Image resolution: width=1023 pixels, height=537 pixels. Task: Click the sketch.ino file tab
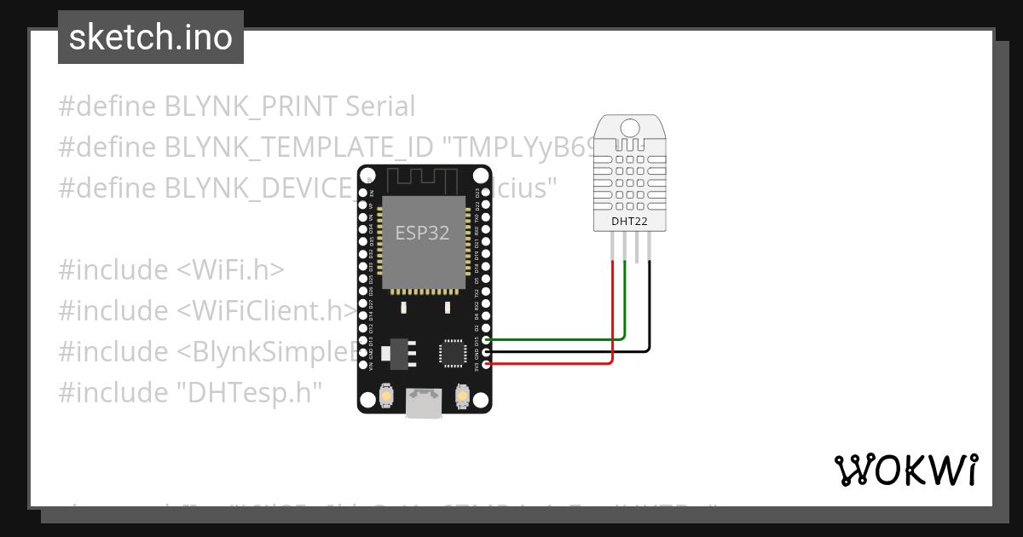point(151,38)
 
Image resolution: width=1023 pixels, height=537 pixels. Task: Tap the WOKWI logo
point(905,470)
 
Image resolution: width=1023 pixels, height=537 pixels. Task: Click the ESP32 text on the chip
point(422,233)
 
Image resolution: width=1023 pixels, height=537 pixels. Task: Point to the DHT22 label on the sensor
point(630,222)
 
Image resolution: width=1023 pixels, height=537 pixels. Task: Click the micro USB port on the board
point(424,404)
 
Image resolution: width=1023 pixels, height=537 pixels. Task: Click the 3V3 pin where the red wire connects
point(486,365)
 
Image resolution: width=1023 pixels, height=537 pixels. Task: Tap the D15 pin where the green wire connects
point(486,340)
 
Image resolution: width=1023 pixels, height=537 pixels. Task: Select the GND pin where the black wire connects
point(486,352)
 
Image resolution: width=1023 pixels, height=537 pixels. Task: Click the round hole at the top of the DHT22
point(630,128)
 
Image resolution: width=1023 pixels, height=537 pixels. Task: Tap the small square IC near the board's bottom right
point(452,353)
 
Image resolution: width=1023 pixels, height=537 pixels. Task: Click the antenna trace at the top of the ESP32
point(424,180)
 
